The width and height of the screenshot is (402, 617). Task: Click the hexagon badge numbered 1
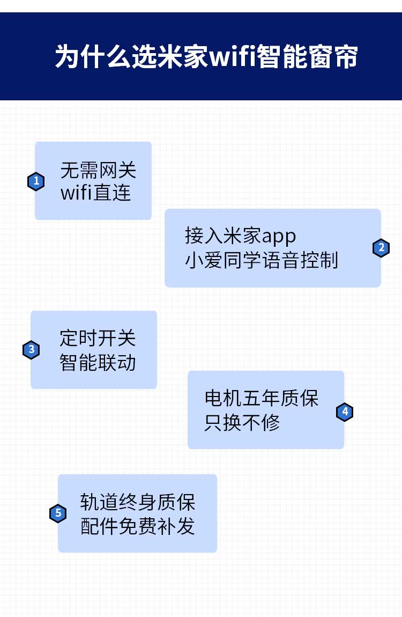coord(36,181)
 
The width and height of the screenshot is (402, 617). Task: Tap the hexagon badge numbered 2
coord(381,248)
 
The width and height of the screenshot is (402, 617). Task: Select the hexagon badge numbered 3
coord(32,349)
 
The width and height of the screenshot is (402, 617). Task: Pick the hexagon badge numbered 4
coord(345,412)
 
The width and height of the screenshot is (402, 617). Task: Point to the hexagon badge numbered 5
coord(58,513)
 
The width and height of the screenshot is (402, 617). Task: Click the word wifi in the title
coord(232,56)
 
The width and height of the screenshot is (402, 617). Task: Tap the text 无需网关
coord(98,171)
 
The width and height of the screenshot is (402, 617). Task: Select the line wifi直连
coord(95,193)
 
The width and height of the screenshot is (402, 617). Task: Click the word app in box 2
coord(279,237)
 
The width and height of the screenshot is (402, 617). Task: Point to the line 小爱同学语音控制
coord(262,260)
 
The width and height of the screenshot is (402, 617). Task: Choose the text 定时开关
coord(98,338)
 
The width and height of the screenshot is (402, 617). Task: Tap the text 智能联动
coord(98,362)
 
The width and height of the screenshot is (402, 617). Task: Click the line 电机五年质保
coord(262,398)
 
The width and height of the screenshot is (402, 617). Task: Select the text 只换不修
coord(242,423)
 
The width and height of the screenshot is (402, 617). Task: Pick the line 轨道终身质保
coord(138,502)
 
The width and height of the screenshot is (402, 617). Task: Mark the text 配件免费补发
coord(138,526)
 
